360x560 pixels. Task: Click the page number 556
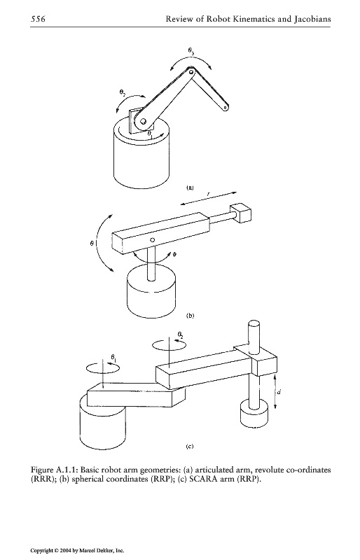[38, 19]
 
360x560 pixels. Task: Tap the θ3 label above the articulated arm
[192, 51]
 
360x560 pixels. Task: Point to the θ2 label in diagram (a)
[123, 94]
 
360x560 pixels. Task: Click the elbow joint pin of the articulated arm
[191, 73]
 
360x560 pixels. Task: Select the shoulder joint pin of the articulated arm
[142, 122]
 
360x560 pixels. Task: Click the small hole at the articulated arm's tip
[225, 106]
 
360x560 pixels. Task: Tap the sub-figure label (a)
[190, 188]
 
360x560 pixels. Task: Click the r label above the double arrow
[209, 194]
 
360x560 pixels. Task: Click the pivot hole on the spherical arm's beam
[153, 240]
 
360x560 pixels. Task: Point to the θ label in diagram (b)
[92, 243]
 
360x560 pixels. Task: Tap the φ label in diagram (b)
[174, 254]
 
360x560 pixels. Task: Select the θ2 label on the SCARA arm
[181, 335]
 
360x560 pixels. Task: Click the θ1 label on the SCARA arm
[113, 357]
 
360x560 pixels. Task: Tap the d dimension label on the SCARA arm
[279, 392]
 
